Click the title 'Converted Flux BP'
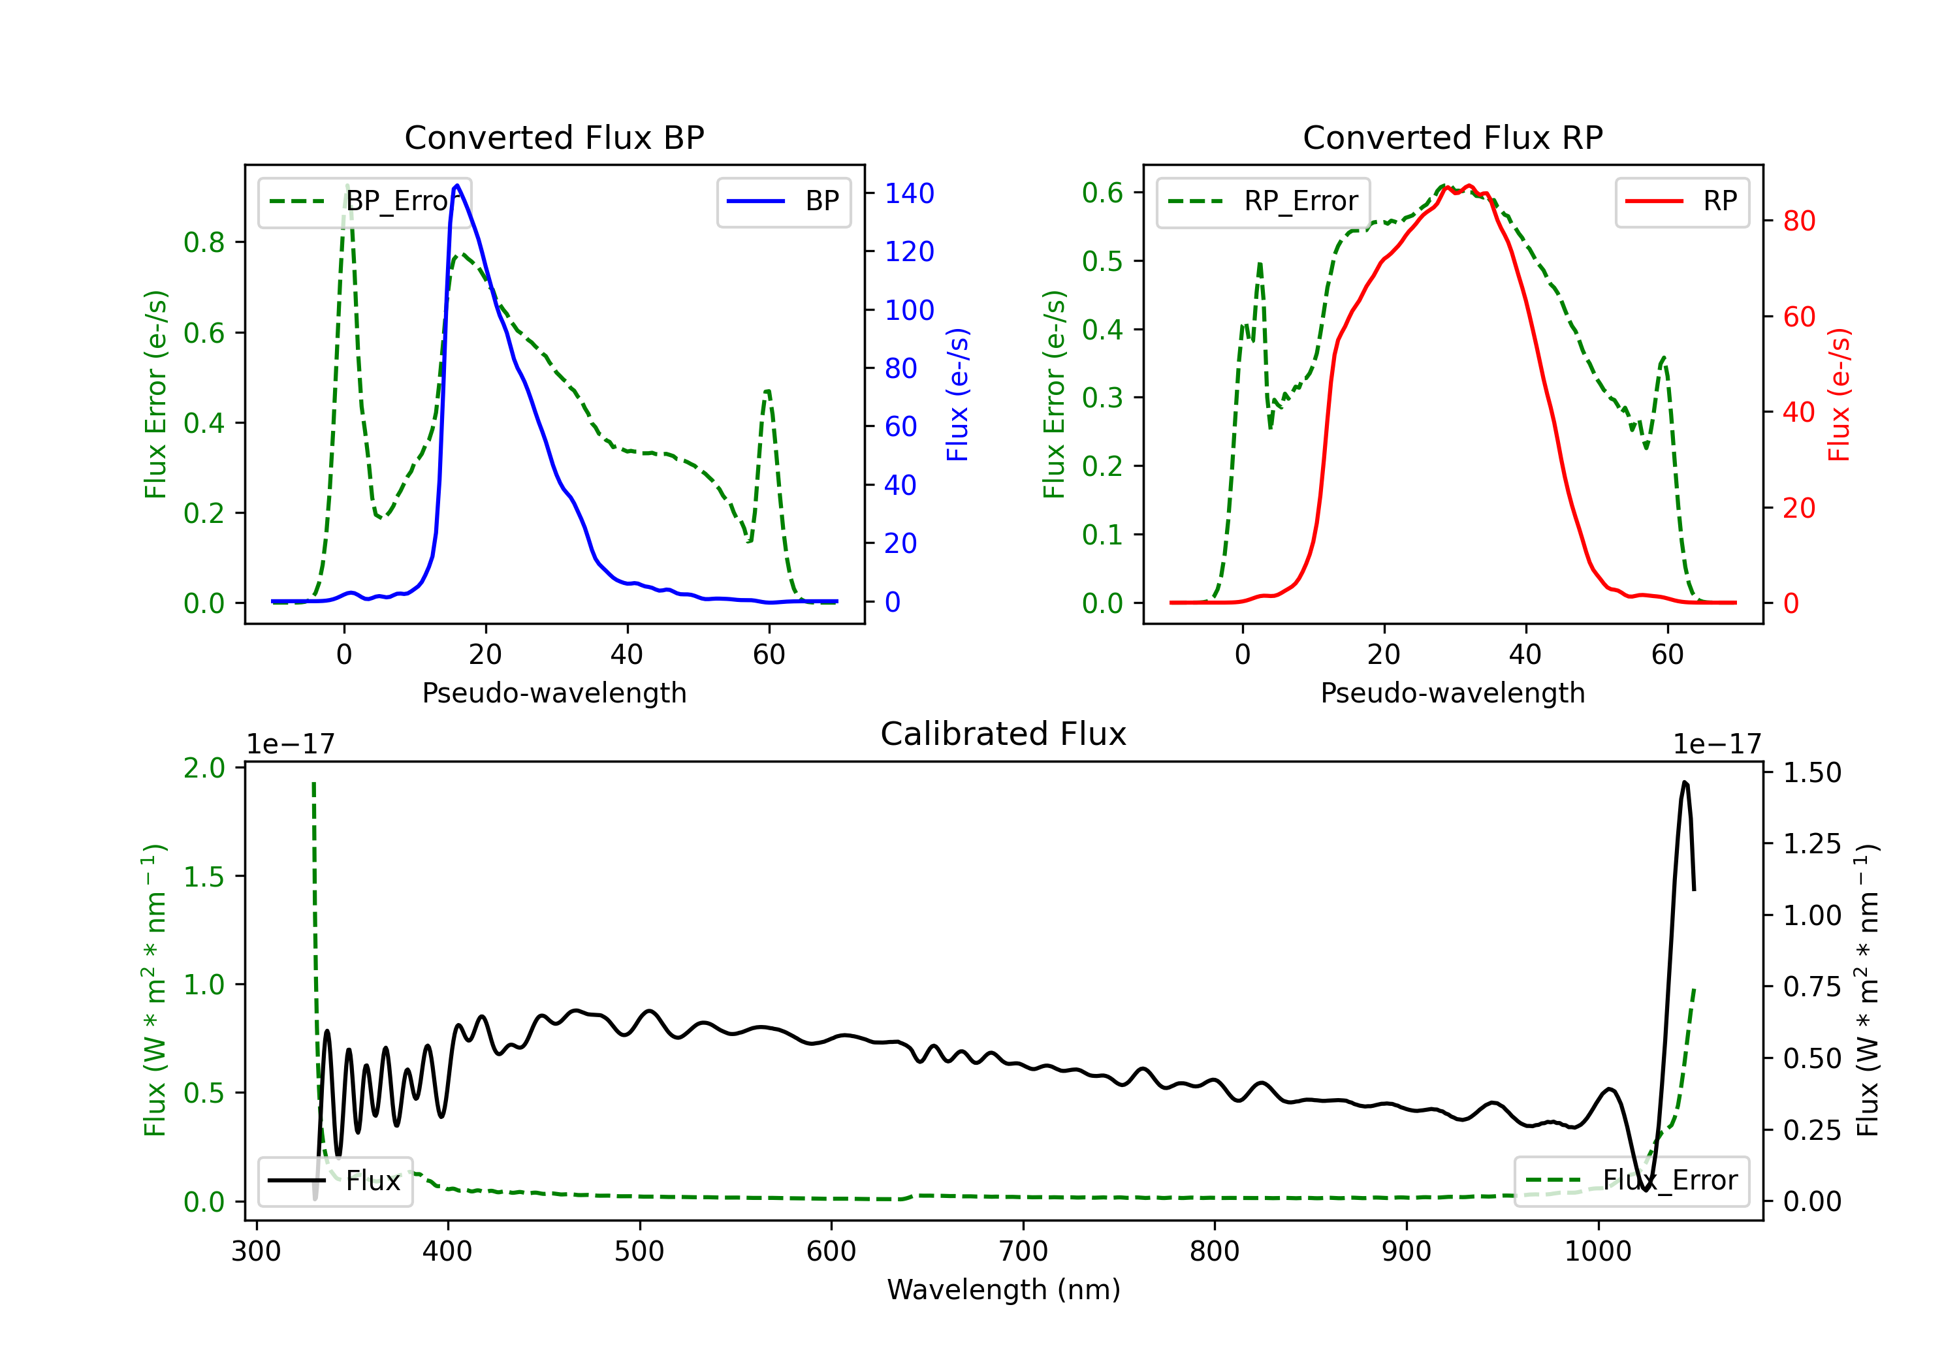pos(554,137)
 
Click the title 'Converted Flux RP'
pos(1453,137)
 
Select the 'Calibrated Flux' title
pos(1004,734)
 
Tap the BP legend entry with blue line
pos(783,201)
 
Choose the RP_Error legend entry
pos(1263,201)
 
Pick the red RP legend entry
pos(1681,201)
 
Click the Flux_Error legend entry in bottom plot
pos(1631,1181)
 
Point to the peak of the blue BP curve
pos(457,185)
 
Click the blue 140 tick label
pos(910,194)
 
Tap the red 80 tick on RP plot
pos(1800,221)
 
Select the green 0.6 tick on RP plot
pos(1102,193)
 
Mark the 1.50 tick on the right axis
pos(1812,773)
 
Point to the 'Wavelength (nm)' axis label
pos(1004,1290)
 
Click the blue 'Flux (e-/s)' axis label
pos(957,395)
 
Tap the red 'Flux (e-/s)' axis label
pos(1839,395)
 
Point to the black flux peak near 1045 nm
pos(1684,781)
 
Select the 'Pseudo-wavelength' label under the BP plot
pos(554,693)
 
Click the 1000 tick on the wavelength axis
pos(1598,1252)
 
